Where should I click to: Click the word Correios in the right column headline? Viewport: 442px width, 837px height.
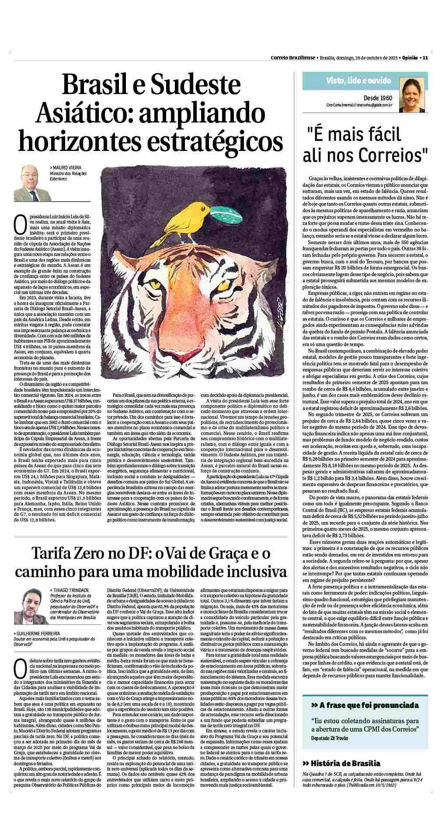tap(392, 154)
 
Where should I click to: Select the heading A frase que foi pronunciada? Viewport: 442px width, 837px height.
tap(364, 718)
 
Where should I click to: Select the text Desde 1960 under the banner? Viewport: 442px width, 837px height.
tap(378, 98)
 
